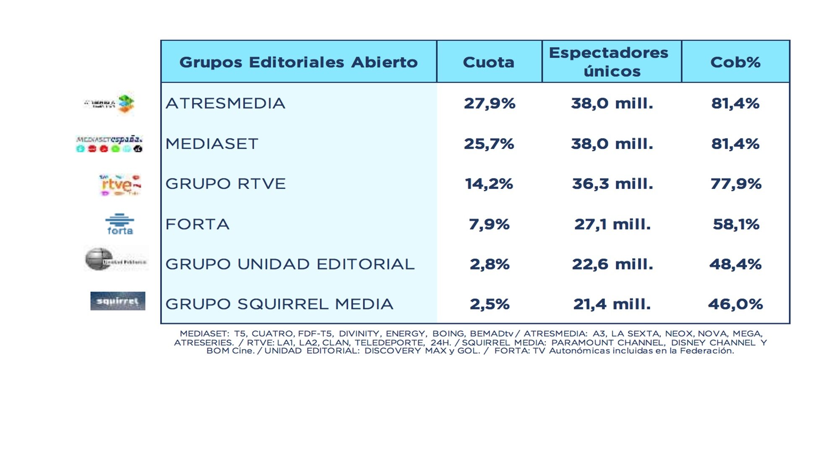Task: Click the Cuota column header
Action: point(489,62)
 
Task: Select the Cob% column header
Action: point(735,62)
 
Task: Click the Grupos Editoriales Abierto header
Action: point(298,62)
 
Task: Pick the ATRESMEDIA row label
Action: point(225,103)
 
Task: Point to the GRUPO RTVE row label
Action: point(225,184)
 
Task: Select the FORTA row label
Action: point(197,224)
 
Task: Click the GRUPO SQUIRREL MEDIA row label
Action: point(279,304)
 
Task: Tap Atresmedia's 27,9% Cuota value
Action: point(489,103)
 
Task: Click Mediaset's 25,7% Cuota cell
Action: point(489,144)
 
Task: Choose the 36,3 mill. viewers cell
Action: point(612,184)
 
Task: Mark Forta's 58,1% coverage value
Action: point(736,224)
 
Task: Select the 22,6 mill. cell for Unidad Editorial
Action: point(612,264)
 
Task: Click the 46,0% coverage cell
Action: point(735,304)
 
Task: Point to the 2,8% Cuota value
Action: point(489,264)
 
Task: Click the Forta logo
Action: point(120,224)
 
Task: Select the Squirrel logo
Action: point(118,301)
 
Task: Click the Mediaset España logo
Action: point(109,144)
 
